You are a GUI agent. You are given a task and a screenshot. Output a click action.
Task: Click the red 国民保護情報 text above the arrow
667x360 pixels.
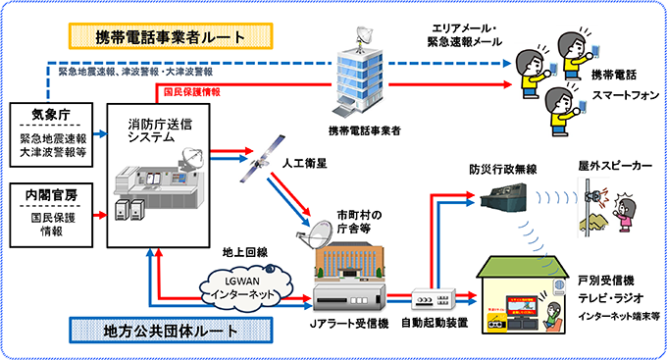tap(189, 92)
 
